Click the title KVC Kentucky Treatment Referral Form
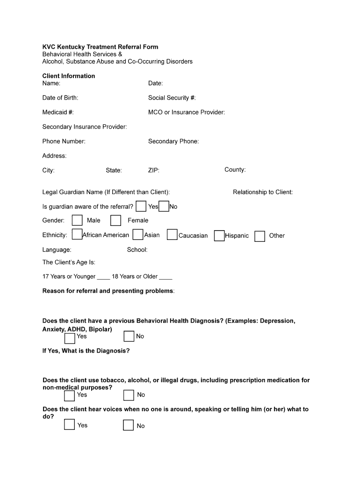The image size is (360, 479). coord(100,47)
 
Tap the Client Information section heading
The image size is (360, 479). coord(69,76)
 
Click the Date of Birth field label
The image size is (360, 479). coord(60,98)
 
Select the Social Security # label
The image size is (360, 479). coord(172,98)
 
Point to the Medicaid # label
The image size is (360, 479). coord(58,112)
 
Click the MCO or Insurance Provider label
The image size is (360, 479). coord(187,112)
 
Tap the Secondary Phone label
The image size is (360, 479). coord(173,141)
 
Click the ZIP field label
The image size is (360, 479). coord(154,170)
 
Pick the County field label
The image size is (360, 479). coord(235,170)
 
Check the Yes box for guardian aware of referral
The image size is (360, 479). coord(141,206)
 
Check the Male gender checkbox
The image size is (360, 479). coord(78,220)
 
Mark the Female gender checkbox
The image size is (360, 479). coord(116,220)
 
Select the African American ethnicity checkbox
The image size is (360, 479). coord(77,235)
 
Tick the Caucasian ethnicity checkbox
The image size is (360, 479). coord(172,235)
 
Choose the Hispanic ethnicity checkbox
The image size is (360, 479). coord(219,236)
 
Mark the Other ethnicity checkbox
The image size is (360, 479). coord(260,236)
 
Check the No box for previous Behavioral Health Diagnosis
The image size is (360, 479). coord(129,337)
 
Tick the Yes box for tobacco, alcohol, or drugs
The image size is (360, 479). coord(69,396)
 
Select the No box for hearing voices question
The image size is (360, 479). coord(129,425)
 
